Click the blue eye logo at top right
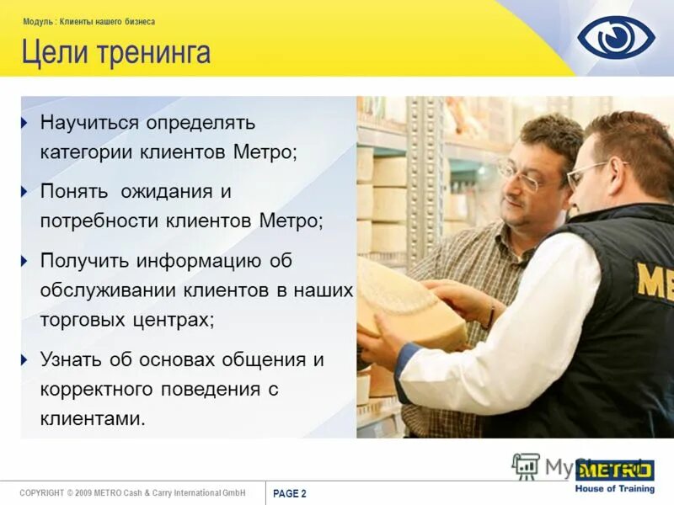pos(616,38)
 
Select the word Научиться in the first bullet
pos(89,123)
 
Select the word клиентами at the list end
pos(93,418)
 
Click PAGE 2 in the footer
pos(290,494)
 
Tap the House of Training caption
pos(614,489)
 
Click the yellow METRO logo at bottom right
pos(614,470)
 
